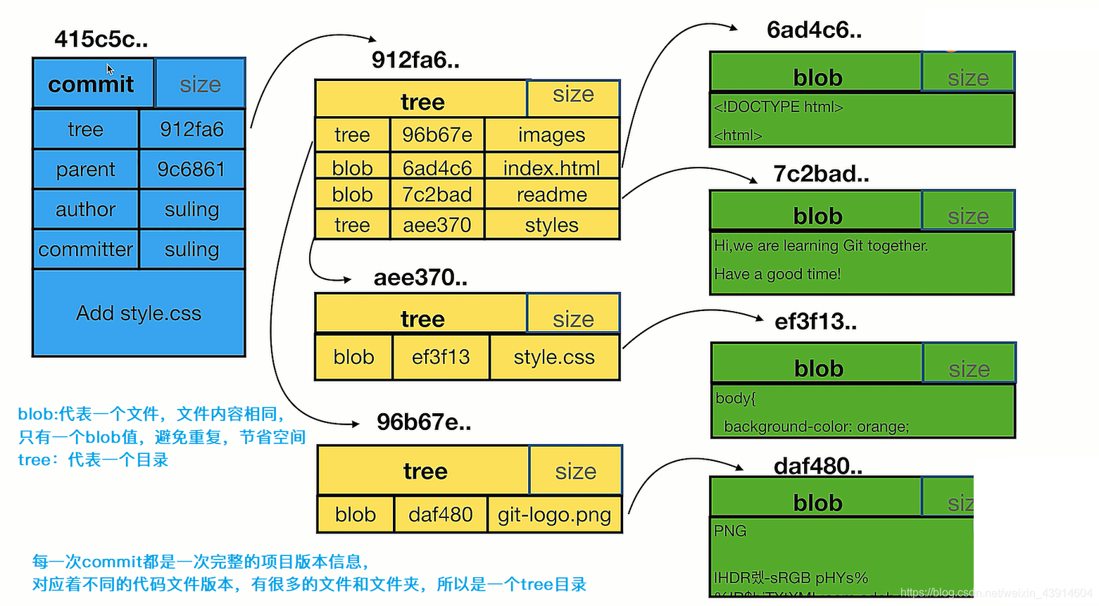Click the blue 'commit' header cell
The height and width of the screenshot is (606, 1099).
pos(92,84)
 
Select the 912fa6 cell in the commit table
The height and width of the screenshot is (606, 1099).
pos(191,129)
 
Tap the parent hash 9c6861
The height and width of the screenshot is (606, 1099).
pos(191,169)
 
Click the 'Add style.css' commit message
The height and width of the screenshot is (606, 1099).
pos(139,313)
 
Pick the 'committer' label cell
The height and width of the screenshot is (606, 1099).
pos(85,249)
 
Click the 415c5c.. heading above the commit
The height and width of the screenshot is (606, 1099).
pos(101,39)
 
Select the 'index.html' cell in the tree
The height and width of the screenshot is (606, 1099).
pos(551,168)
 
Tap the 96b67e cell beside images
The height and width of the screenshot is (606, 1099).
pos(437,134)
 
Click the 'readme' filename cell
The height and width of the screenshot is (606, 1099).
pos(551,194)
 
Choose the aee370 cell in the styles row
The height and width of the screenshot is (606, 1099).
pos(437,225)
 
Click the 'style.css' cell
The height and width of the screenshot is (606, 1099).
pos(554,357)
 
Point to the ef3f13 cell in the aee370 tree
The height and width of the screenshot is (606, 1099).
pos(441,357)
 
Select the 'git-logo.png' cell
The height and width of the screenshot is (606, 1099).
pos(554,515)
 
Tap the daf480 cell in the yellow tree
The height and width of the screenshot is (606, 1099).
pos(440,515)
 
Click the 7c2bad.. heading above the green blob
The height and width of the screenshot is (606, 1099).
pos(821,173)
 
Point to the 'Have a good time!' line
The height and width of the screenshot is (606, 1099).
pos(777,274)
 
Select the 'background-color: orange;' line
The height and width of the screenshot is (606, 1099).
pos(816,427)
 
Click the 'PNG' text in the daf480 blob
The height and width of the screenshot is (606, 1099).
pos(730,531)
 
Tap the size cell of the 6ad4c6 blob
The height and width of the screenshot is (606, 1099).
pos(968,73)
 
